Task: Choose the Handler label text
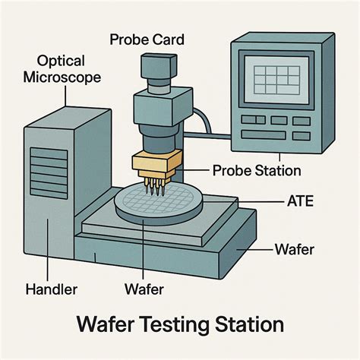[50, 289]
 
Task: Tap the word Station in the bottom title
[248, 325]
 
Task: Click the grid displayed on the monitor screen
[276, 80]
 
